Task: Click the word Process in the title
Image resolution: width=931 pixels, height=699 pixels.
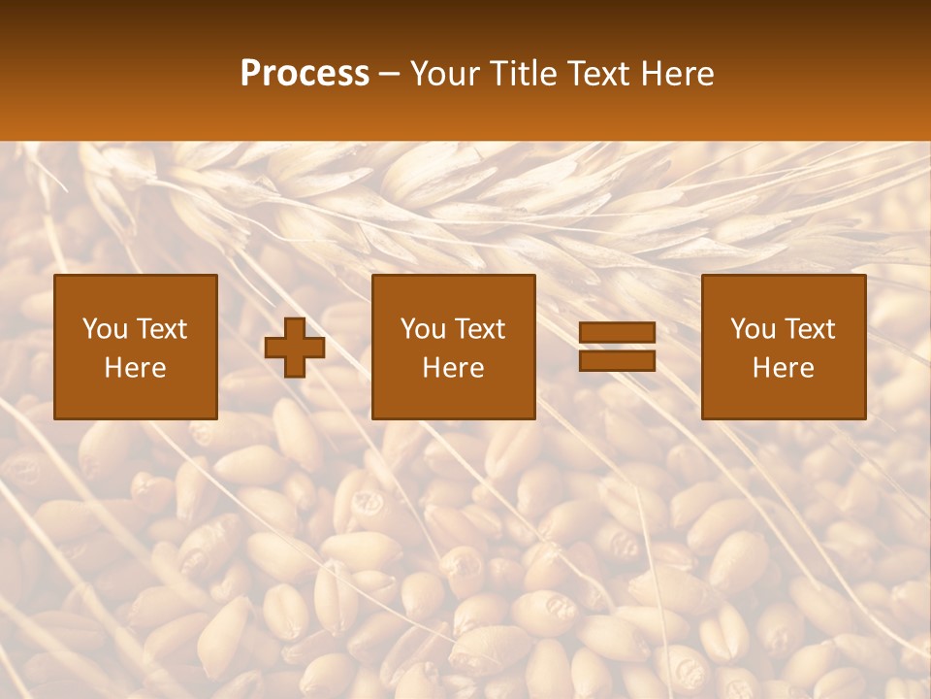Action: (x=305, y=74)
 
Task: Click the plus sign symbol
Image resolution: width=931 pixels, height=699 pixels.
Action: (x=295, y=348)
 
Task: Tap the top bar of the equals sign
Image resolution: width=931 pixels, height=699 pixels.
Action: (x=617, y=333)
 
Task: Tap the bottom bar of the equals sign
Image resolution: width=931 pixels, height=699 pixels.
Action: (x=617, y=360)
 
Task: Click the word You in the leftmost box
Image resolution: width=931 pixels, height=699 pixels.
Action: (x=105, y=329)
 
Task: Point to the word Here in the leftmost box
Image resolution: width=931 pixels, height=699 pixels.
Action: (x=136, y=368)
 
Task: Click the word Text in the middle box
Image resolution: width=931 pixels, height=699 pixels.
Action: (x=480, y=329)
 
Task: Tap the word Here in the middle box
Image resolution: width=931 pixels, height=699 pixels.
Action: (x=454, y=368)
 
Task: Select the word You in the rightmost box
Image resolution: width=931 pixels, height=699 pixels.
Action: (x=753, y=329)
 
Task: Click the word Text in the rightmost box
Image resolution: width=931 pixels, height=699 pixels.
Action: (x=810, y=329)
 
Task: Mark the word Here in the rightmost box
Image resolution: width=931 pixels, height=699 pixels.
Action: (x=784, y=368)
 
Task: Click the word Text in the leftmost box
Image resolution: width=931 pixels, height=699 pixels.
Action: (x=162, y=329)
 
